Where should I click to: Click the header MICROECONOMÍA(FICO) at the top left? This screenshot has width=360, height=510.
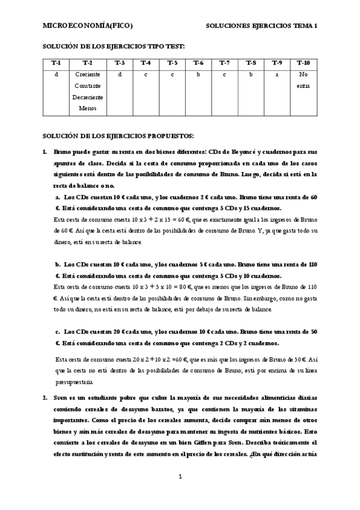click(x=87, y=26)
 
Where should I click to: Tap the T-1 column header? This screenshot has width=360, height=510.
click(x=56, y=63)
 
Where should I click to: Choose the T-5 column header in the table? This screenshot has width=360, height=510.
click(x=172, y=63)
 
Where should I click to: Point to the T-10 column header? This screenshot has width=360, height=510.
click(x=303, y=63)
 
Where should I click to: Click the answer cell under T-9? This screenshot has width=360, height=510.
click(x=276, y=75)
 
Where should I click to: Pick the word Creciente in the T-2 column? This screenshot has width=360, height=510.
click(x=88, y=75)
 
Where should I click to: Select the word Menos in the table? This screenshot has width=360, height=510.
click(x=88, y=109)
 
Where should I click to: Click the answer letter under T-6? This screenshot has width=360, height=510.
click(x=198, y=75)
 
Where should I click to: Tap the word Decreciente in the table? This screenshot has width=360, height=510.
click(x=88, y=97)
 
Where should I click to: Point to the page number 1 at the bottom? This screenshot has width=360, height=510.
click(x=180, y=477)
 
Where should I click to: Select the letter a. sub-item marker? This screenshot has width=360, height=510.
click(x=58, y=197)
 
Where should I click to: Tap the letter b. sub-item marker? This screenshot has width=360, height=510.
click(x=58, y=264)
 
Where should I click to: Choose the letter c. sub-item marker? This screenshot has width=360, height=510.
click(x=58, y=331)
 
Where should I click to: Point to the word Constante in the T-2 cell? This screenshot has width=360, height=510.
click(x=88, y=86)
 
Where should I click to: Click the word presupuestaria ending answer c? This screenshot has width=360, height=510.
click(x=74, y=381)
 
